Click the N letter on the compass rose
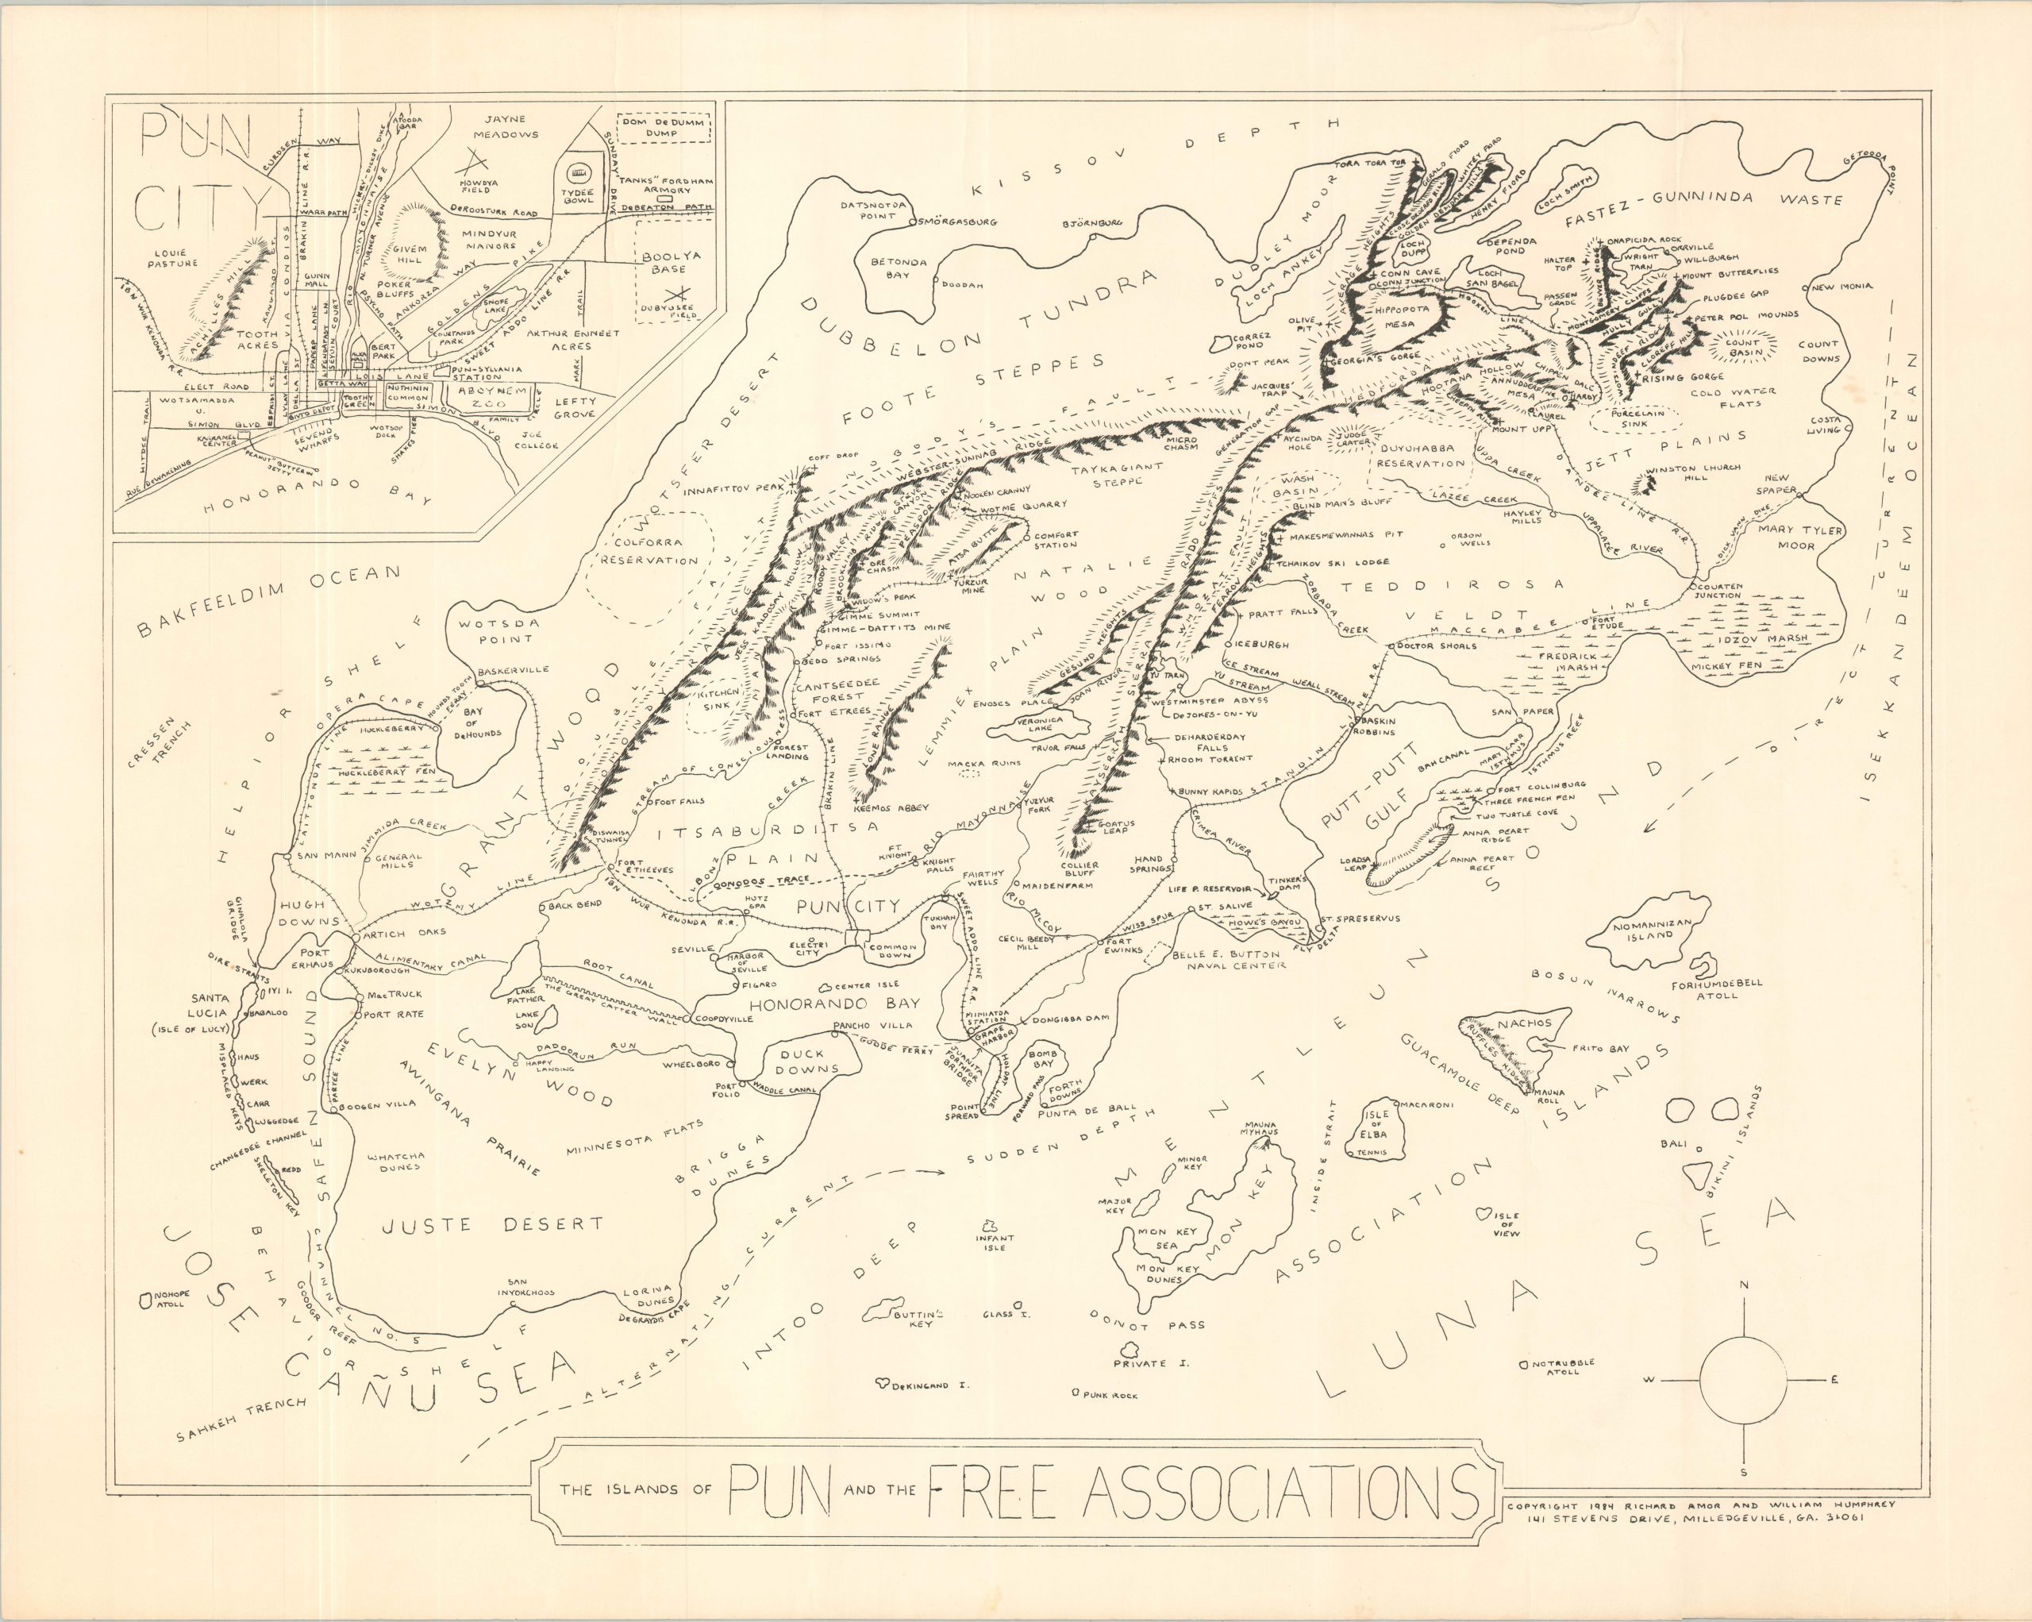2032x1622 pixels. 1744,1286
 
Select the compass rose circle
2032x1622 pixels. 1744,1381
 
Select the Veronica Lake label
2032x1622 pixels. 1041,724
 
